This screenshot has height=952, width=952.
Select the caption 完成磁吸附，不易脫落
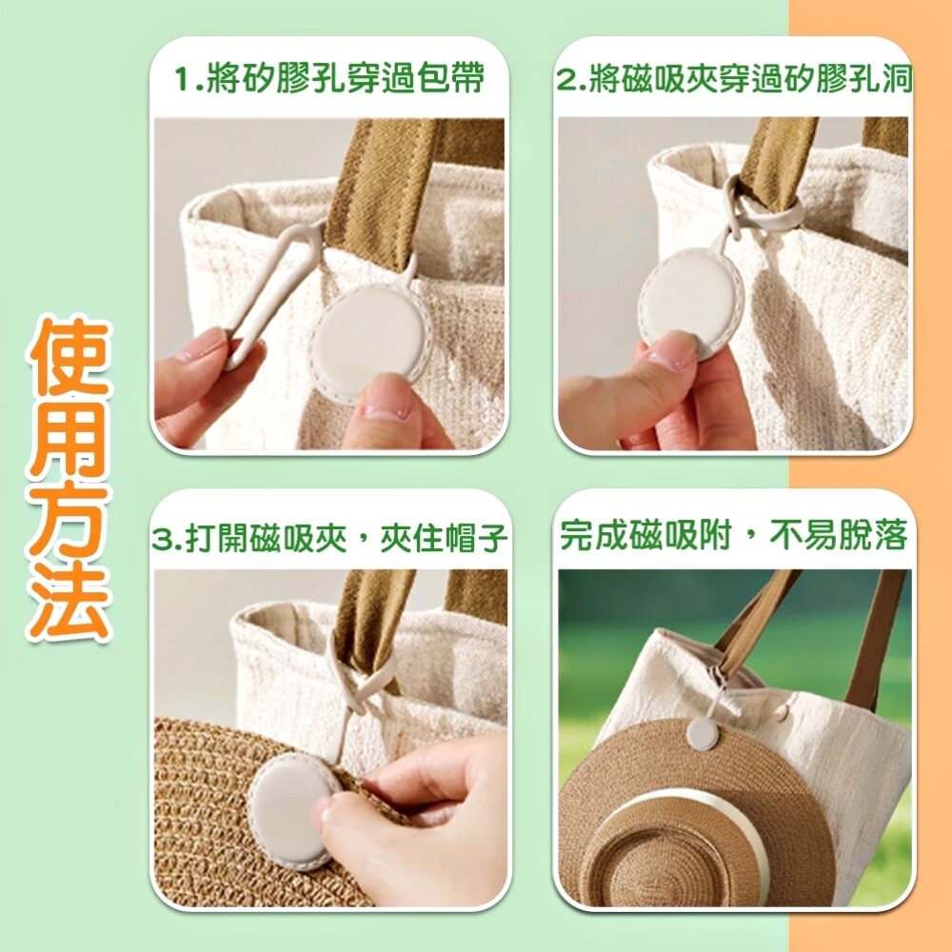coord(733,535)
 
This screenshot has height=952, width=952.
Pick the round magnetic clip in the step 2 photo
coord(691,301)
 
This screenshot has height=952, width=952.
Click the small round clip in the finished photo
coord(702,733)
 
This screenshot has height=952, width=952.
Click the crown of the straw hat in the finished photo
coord(674,868)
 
